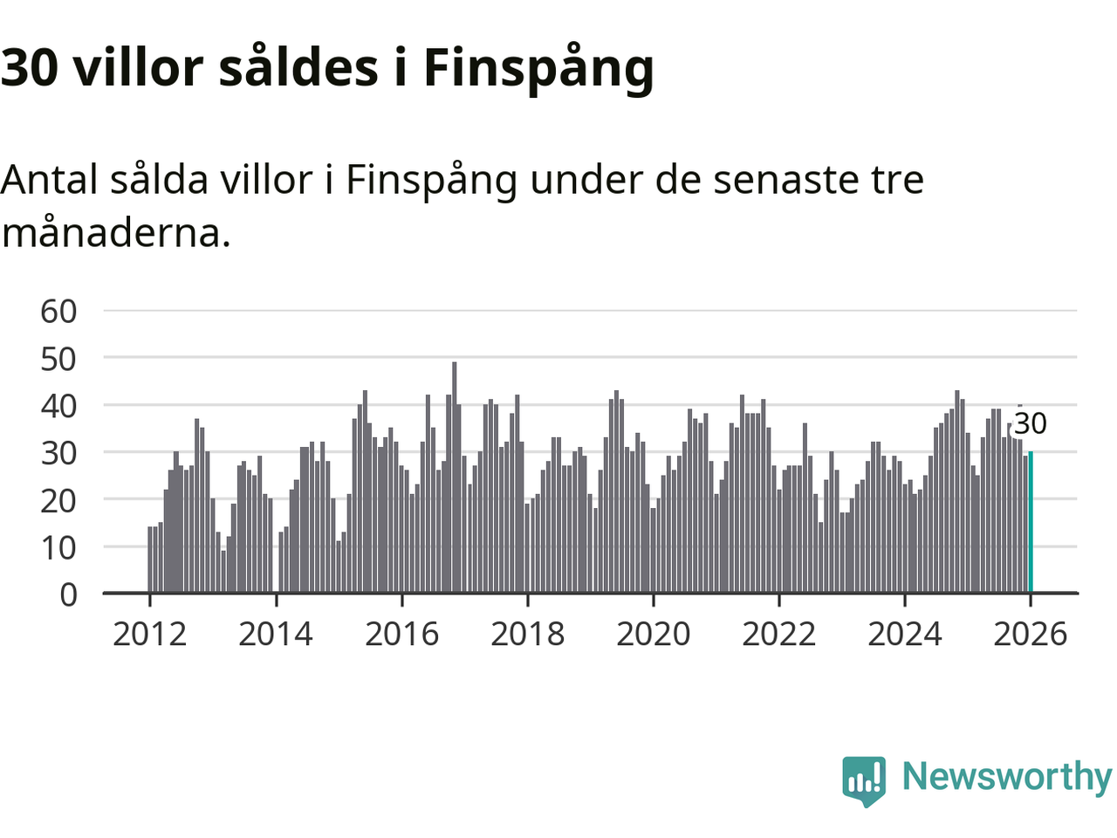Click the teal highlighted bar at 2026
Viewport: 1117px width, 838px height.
tap(1031, 522)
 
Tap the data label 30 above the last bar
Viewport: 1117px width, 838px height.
tap(1030, 423)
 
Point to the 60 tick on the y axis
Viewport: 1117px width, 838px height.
tap(58, 311)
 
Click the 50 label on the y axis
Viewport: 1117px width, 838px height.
tap(58, 358)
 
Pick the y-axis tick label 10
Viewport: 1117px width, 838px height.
tap(58, 547)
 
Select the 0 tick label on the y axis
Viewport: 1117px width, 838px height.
tap(68, 594)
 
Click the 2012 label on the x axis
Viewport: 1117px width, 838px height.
tap(149, 634)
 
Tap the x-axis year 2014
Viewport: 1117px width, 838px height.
tap(276, 634)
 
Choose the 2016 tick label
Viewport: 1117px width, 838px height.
tap(401, 634)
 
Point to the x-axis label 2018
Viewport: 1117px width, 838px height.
tap(527, 634)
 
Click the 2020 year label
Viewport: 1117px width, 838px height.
tap(653, 634)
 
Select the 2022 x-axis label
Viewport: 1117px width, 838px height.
tap(778, 634)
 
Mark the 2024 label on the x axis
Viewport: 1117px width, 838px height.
tap(904, 634)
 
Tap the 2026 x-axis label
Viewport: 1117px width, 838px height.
tap(1030, 634)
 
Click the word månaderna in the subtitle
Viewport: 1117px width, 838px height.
tap(115, 233)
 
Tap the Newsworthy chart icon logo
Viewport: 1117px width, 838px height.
tap(864, 780)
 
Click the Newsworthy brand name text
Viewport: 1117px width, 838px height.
tap(1006, 776)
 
